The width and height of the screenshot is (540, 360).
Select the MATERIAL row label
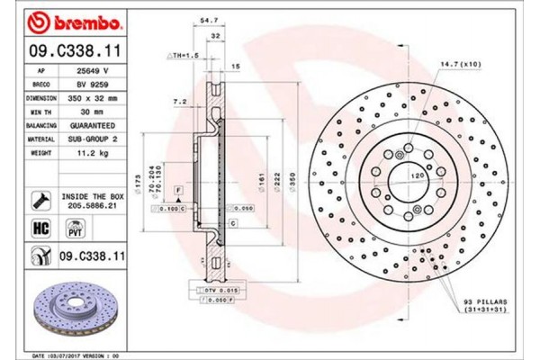(x=40, y=139)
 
